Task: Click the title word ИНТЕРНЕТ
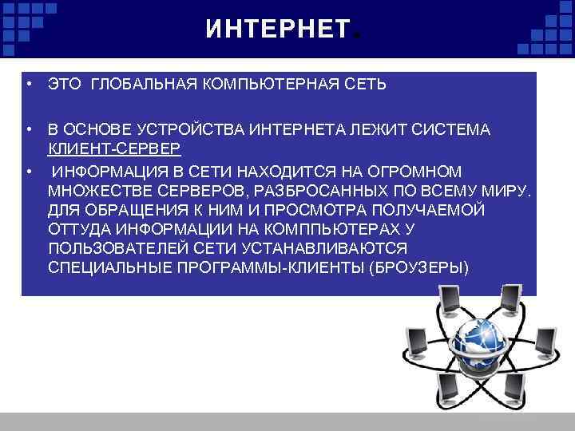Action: pos(276,30)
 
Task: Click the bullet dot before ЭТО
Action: pos(27,84)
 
